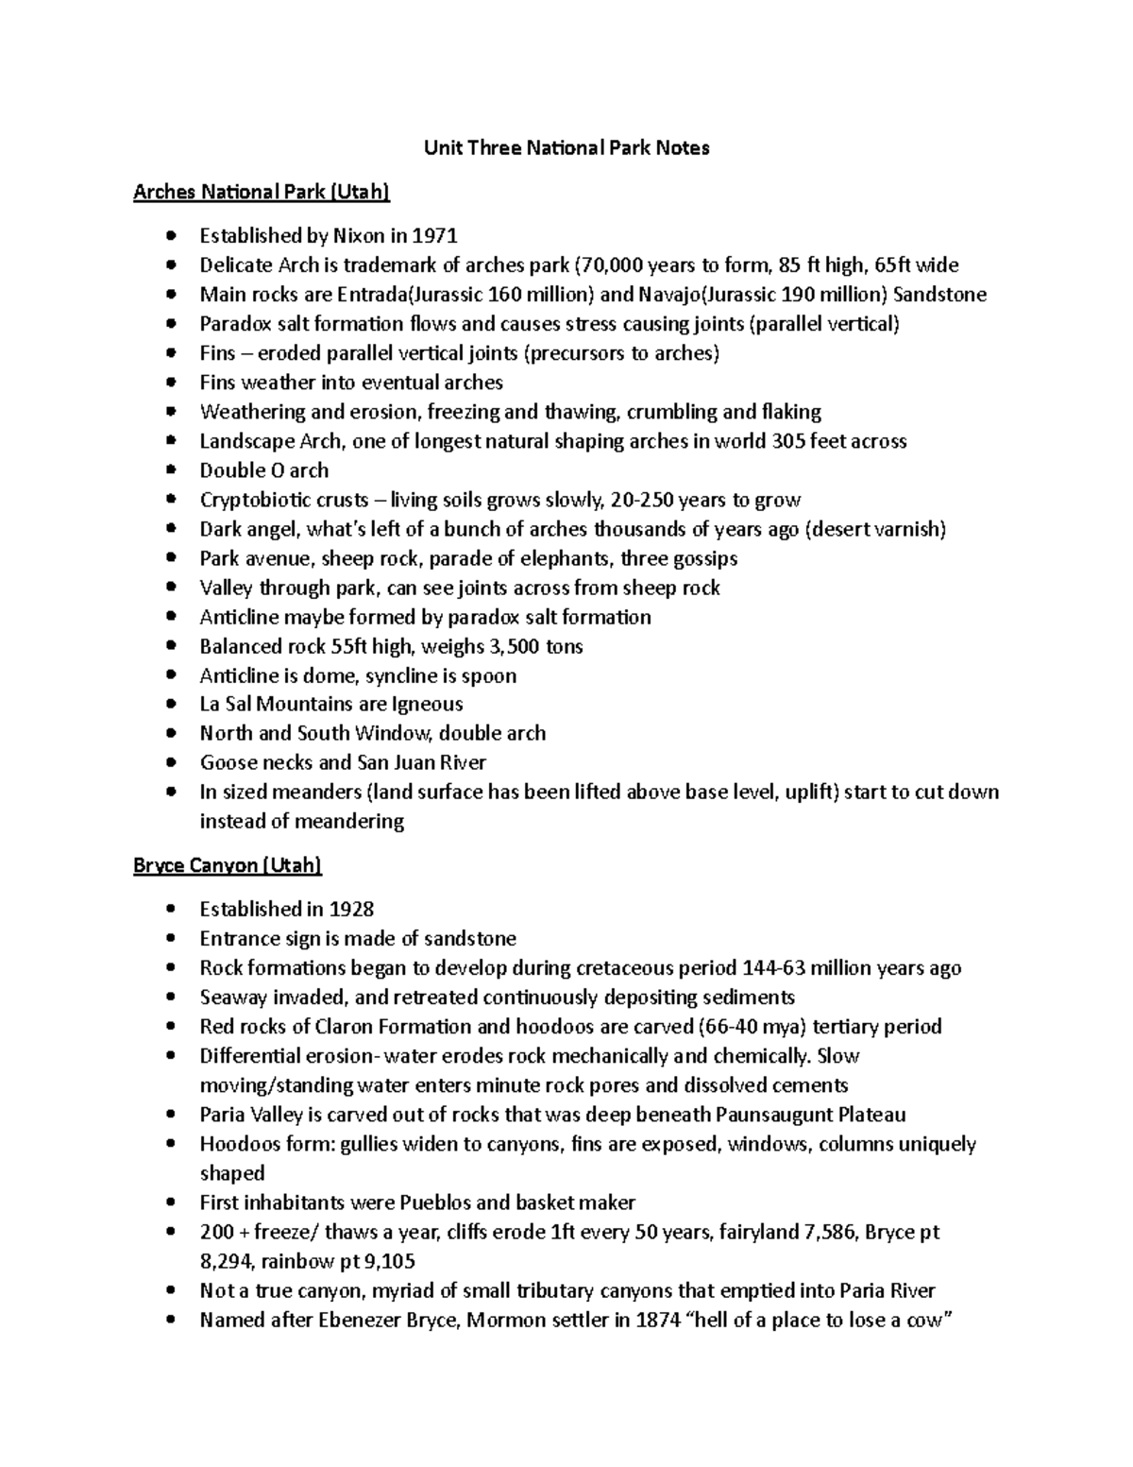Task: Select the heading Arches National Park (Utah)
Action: (x=261, y=193)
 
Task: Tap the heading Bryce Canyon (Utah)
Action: (x=228, y=865)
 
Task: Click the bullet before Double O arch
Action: (x=170, y=470)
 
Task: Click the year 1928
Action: (x=351, y=909)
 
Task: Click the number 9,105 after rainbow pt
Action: (x=387, y=1261)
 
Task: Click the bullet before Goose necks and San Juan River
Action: (x=170, y=762)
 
